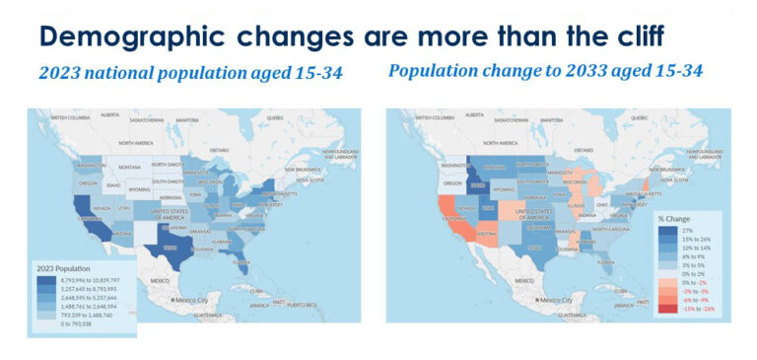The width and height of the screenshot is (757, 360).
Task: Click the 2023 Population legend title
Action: coord(64,268)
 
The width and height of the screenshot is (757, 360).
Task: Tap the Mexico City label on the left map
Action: coord(193,299)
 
